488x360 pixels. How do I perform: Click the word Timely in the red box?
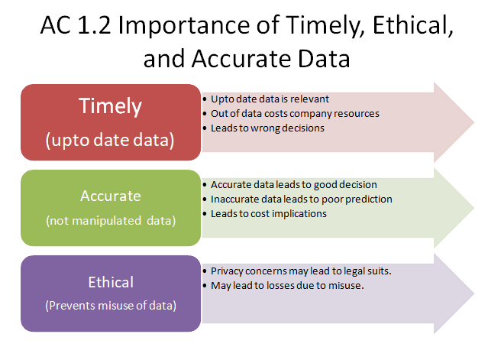click(111, 107)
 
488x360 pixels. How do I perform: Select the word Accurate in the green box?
click(111, 196)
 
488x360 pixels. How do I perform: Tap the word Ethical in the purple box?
click(111, 282)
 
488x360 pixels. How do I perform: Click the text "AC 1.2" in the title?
click(76, 24)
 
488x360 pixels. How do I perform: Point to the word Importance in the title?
click(183, 25)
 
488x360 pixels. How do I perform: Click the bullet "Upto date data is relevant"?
click(270, 99)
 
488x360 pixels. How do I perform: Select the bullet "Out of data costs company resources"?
click(295, 114)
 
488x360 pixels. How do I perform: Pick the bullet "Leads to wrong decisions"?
click(267, 128)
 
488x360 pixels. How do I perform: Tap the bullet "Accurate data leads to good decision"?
click(294, 185)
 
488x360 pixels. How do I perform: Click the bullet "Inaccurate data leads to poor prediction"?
click(301, 199)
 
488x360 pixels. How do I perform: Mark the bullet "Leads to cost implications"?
click(269, 214)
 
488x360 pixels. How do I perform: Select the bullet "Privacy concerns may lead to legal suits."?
click(301, 271)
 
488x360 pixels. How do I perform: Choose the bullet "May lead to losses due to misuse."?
click(287, 286)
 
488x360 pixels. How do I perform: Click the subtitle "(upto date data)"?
click(110, 140)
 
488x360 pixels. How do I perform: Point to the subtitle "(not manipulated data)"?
click(111, 221)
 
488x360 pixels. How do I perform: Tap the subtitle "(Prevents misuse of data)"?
click(111, 306)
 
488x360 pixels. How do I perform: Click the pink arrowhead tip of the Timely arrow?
click(474, 122)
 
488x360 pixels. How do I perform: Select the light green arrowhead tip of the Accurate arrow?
click(474, 208)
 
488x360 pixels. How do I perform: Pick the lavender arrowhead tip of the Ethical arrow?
click(474, 294)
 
